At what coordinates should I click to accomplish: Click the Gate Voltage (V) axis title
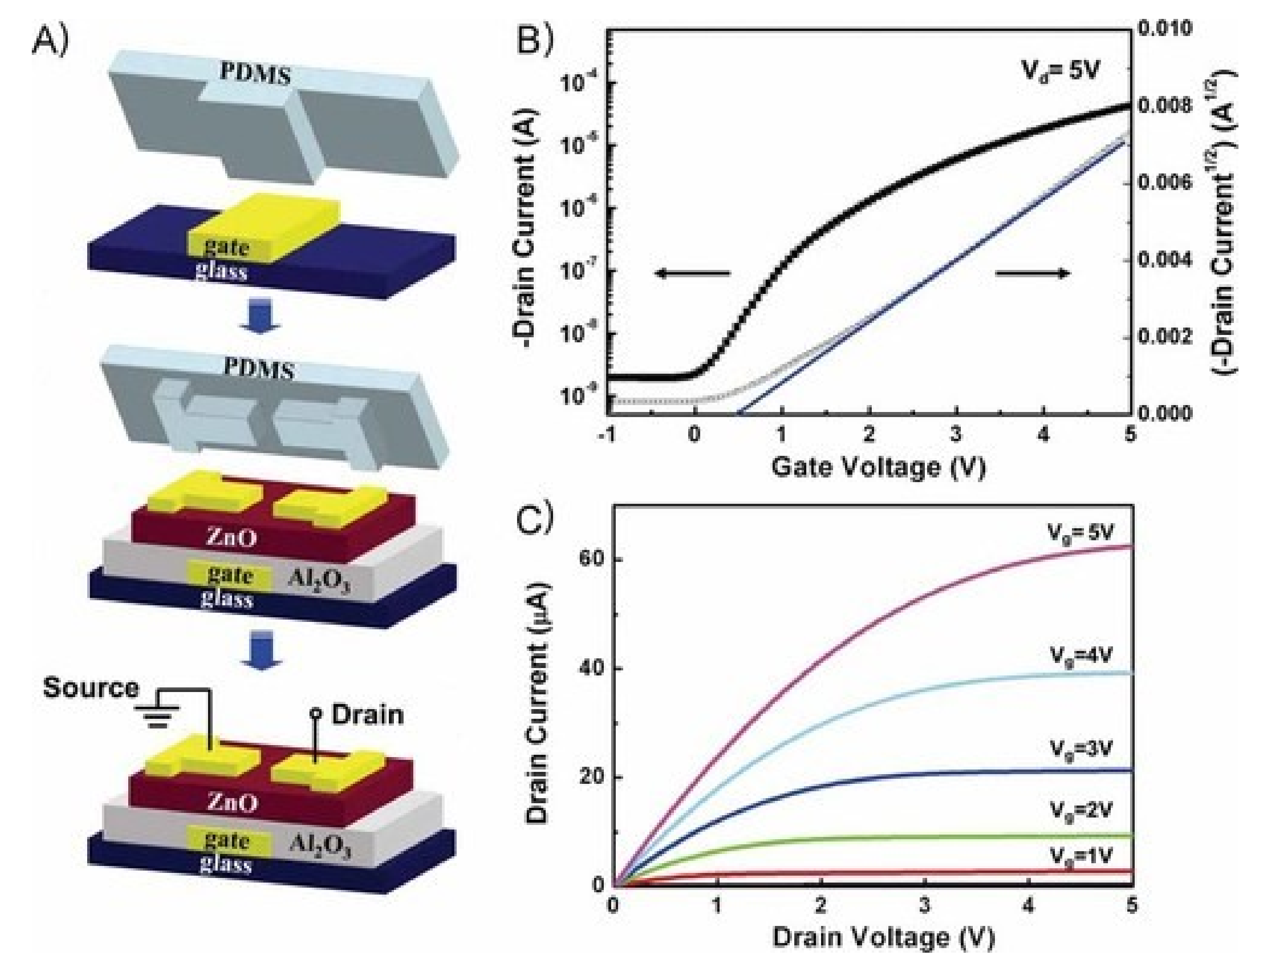[878, 467]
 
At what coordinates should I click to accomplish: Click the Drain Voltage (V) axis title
[883, 937]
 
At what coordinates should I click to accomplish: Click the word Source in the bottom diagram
[91, 688]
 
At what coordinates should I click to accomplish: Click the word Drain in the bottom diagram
[367, 715]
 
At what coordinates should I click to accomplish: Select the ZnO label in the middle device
[232, 538]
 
